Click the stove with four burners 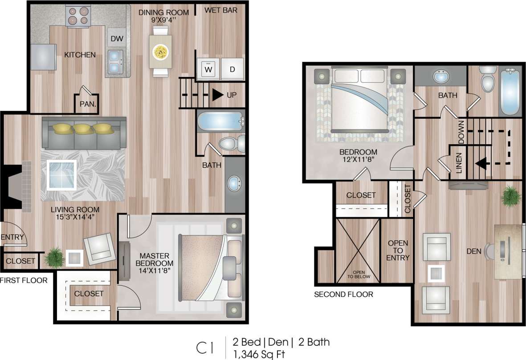(78, 16)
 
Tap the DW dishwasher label (117, 39)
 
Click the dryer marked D (232, 69)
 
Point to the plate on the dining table (160, 52)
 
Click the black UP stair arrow (218, 95)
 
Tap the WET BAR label (220, 10)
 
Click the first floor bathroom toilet (229, 143)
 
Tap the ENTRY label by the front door (12, 237)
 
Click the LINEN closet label (459, 162)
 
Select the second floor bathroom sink (440, 77)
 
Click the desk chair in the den (490, 251)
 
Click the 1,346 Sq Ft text (259, 354)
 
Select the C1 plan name (206, 348)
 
